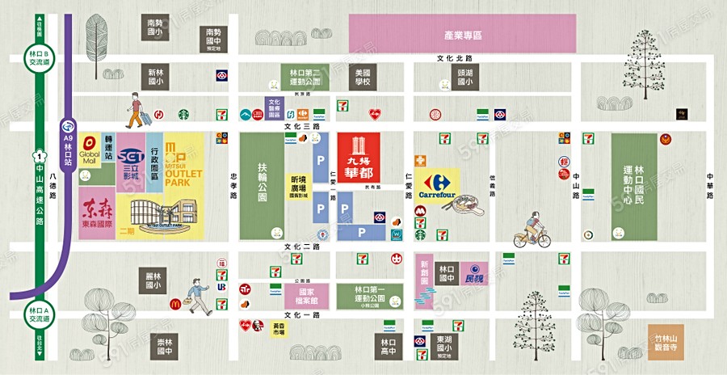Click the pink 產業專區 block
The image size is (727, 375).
[462, 34]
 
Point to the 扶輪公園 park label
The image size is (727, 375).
[262, 186]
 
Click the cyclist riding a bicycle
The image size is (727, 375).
[533, 230]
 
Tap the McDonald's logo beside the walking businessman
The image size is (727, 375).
[174, 305]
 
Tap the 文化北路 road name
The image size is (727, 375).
[453, 58]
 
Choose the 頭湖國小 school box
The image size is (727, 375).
[464, 77]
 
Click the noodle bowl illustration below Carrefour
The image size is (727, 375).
[469, 207]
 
